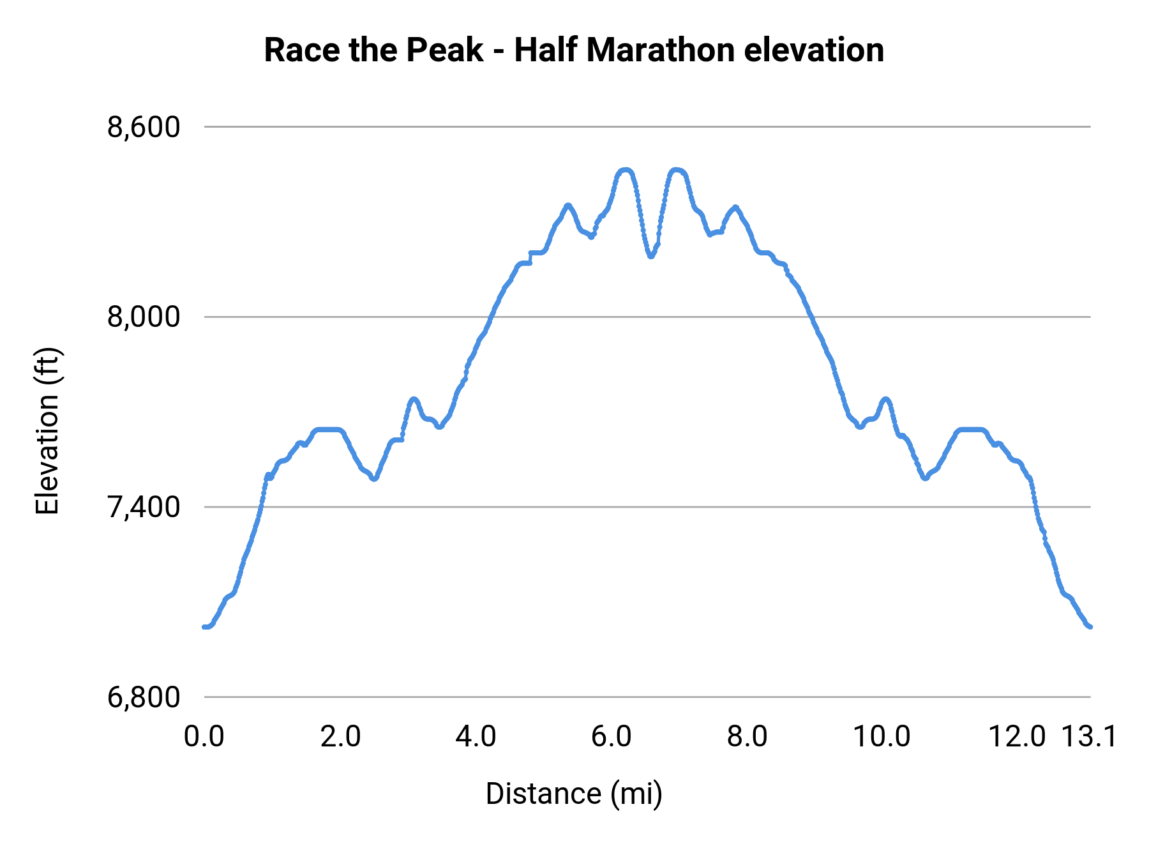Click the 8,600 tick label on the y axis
(x=144, y=128)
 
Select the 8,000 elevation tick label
(x=144, y=317)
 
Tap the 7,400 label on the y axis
(x=144, y=507)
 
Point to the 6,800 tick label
(x=144, y=697)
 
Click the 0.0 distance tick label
(x=204, y=737)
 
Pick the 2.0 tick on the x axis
(x=340, y=737)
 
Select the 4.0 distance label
(x=476, y=737)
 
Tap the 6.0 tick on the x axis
(x=612, y=737)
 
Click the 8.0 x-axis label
(x=747, y=737)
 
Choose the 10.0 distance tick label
(x=882, y=737)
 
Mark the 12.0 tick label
(x=1018, y=737)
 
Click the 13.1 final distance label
(x=1089, y=737)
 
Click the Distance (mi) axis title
(x=574, y=794)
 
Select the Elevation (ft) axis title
(x=47, y=431)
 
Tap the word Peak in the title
(x=444, y=50)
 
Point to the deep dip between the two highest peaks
(x=650, y=256)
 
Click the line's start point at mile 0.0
(x=204, y=627)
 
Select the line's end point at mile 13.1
(x=1090, y=627)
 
